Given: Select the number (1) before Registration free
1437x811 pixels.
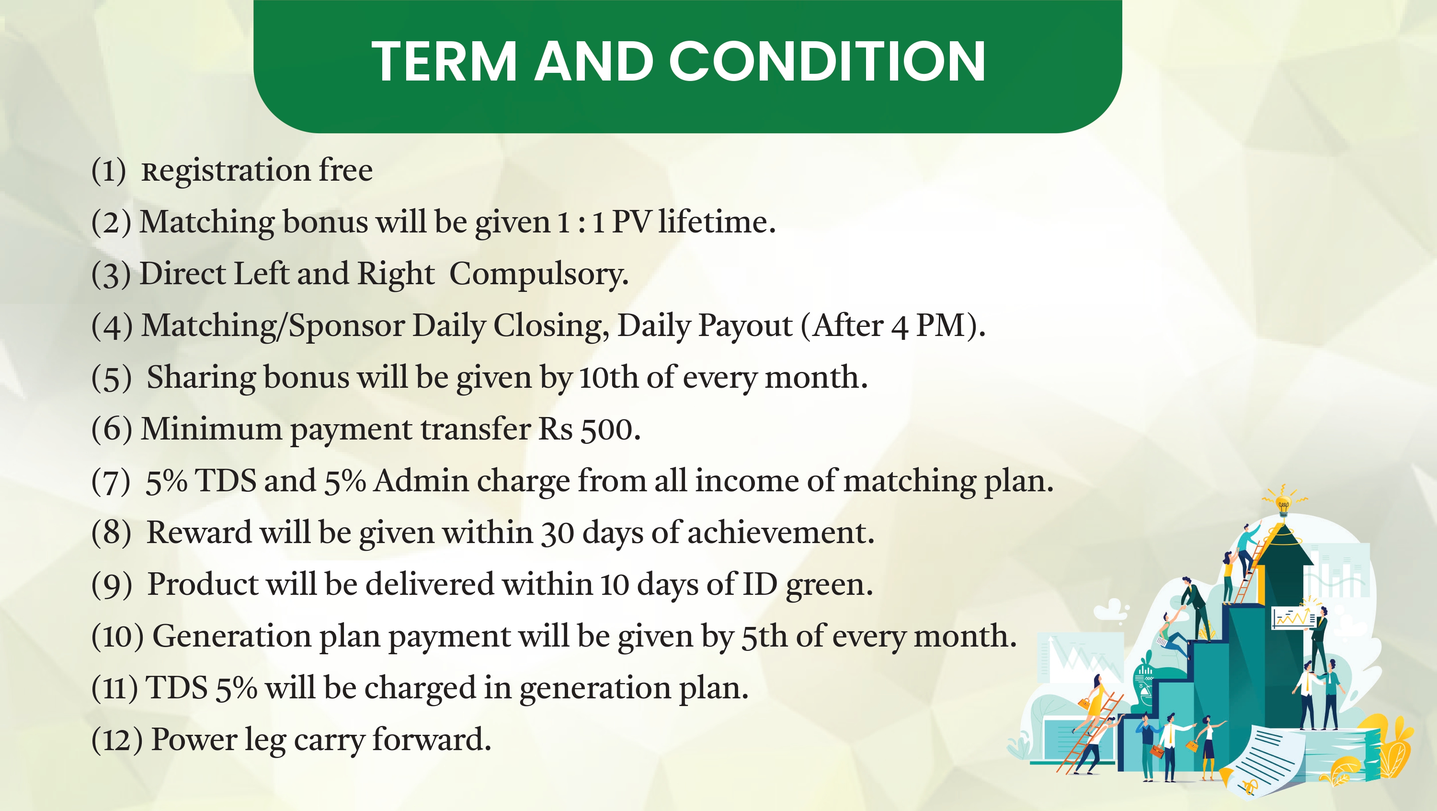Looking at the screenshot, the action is pos(109,170).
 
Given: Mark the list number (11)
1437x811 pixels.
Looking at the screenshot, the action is pos(114,688).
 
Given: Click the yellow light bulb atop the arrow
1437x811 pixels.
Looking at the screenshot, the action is pos(1284,505).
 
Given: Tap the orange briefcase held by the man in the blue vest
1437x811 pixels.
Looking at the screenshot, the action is pos(1158,751).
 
